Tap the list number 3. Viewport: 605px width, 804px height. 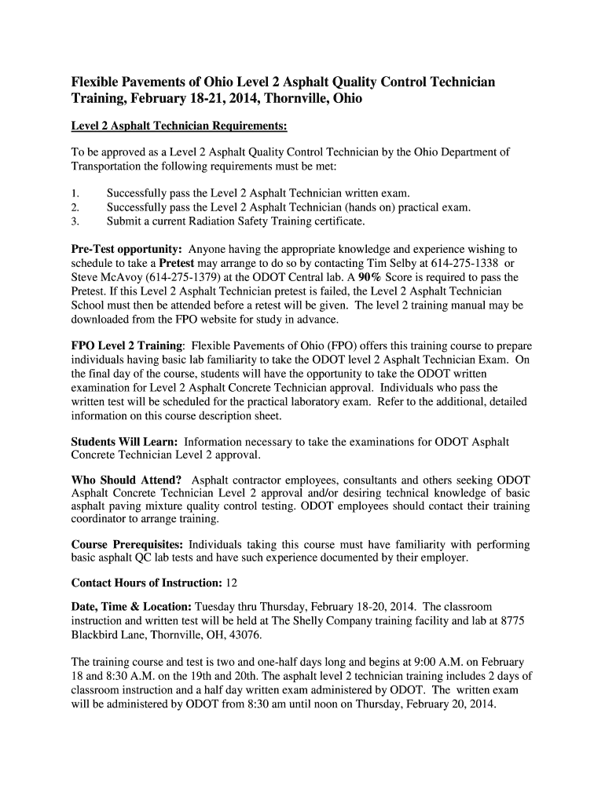[75, 221]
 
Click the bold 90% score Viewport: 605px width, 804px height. [370, 277]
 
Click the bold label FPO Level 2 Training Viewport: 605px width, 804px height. [127, 345]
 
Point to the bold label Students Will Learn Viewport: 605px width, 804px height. [124, 442]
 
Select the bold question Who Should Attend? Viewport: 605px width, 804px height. [126, 480]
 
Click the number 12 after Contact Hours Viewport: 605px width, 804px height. [231, 583]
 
